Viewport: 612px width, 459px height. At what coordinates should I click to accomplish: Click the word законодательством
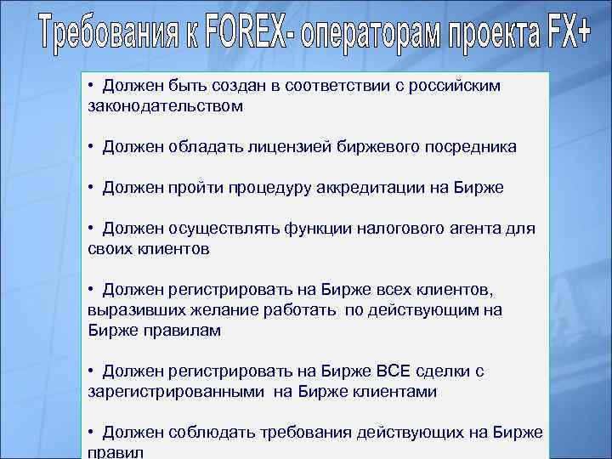point(165,106)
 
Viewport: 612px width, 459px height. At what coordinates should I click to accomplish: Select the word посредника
point(466,147)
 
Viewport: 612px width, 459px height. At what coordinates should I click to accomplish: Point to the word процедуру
point(269,187)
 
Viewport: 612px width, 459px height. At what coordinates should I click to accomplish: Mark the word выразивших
point(132,309)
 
